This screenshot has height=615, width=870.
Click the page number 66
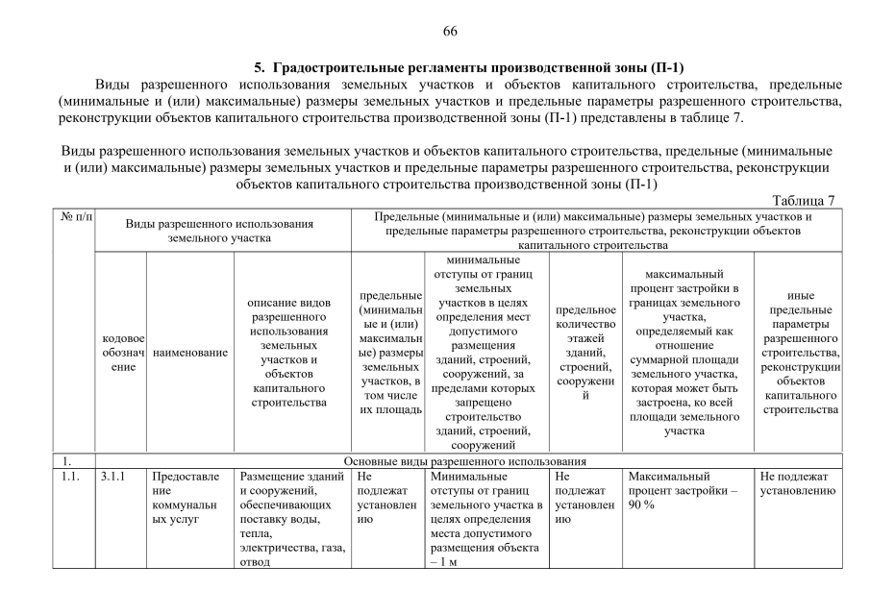(449, 32)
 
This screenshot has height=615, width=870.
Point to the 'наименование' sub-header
(189, 353)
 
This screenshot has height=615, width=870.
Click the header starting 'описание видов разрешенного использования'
(291, 353)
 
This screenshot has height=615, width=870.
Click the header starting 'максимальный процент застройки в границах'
(687, 353)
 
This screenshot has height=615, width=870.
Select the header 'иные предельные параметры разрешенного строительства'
(799, 353)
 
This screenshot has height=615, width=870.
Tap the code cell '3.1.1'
(112, 476)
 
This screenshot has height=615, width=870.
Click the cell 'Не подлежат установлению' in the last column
(797, 483)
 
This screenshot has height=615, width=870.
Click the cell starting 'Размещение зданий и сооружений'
(291, 520)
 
